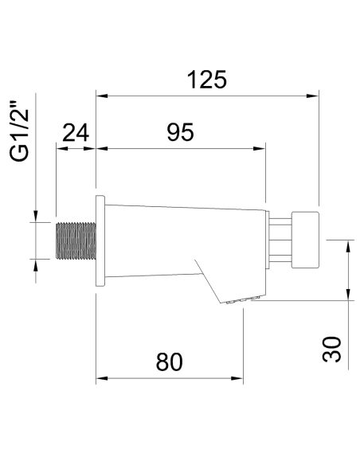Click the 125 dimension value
pyautogui.click(x=206, y=80)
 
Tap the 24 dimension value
pyautogui.click(x=75, y=132)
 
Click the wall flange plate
pyautogui.click(x=100, y=240)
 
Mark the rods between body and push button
pyautogui.click(x=279, y=239)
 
